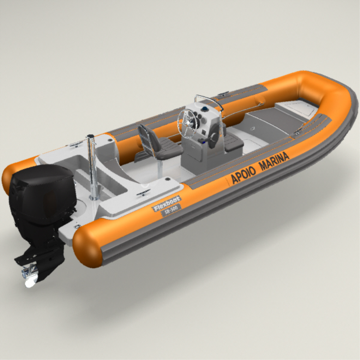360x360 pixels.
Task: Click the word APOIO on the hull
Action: [x=243, y=175]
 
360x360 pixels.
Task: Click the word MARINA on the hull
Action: [x=274, y=161]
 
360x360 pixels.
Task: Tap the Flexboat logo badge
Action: [x=167, y=203]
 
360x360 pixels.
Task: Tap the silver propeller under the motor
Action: [x=30, y=277]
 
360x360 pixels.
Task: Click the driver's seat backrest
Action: [x=148, y=136]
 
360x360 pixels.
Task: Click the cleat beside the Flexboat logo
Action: [x=143, y=192]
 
